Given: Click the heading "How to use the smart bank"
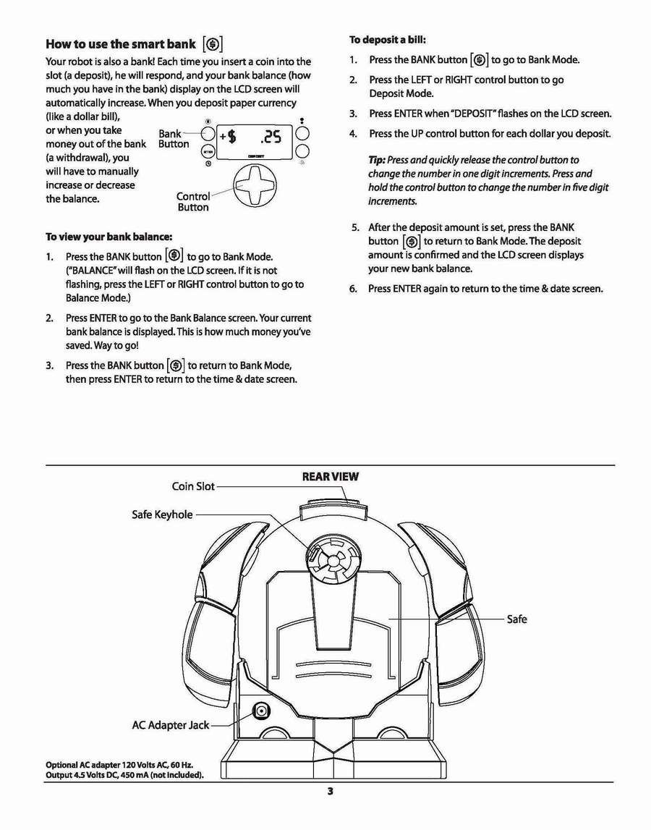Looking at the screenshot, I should (120, 43).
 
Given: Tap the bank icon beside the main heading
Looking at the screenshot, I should (212, 44).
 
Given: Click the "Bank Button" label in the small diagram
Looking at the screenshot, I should (173, 139).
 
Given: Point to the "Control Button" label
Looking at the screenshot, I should (193, 202).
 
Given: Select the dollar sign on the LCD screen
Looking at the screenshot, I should (231, 137).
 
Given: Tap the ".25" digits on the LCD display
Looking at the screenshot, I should (276, 137).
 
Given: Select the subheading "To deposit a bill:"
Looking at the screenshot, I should (392, 39).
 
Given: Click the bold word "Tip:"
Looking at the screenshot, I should (377, 160).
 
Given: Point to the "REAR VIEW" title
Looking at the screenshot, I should (330, 477).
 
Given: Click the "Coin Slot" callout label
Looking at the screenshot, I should (193, 486).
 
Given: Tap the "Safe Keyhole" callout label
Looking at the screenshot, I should (162, 514).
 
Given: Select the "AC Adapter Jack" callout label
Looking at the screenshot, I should (170, 724).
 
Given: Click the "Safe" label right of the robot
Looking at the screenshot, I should (516, 619).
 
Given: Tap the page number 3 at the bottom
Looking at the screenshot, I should (330, 791).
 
